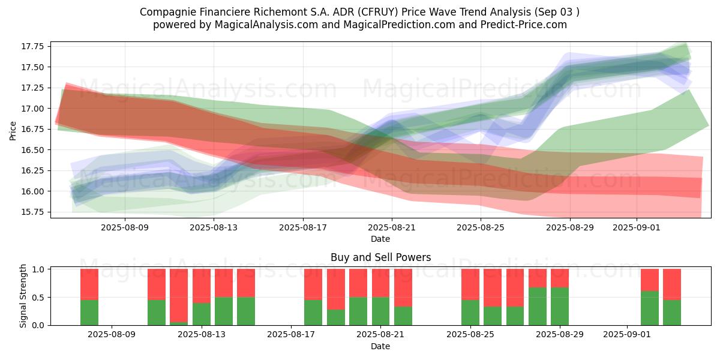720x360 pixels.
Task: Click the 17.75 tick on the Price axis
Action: (x=32, y=46)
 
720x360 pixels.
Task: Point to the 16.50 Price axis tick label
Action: (x=32, y=150)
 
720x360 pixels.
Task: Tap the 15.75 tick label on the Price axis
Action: (x=32, y=212)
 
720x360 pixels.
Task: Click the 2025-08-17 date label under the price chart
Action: (x=303, y=227)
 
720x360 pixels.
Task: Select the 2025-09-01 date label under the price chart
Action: (x=637, y=227)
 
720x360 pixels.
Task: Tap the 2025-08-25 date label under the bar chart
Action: (x=470, y=334)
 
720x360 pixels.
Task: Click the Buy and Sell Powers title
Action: (x=380, y=257)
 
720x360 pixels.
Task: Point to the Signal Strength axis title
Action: (x=23, y=296)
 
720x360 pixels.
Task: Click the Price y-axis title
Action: (x=13, y=131)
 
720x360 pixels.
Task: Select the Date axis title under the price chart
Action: (x=380, y=239)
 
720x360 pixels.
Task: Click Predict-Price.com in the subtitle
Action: (x=524, y=25)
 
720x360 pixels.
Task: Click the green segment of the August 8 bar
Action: (x=89, y=313)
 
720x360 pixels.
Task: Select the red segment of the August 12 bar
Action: (x=179, y=296)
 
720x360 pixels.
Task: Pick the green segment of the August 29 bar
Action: (x=560, y=307)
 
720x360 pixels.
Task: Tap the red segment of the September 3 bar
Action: (x=672, y=284)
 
